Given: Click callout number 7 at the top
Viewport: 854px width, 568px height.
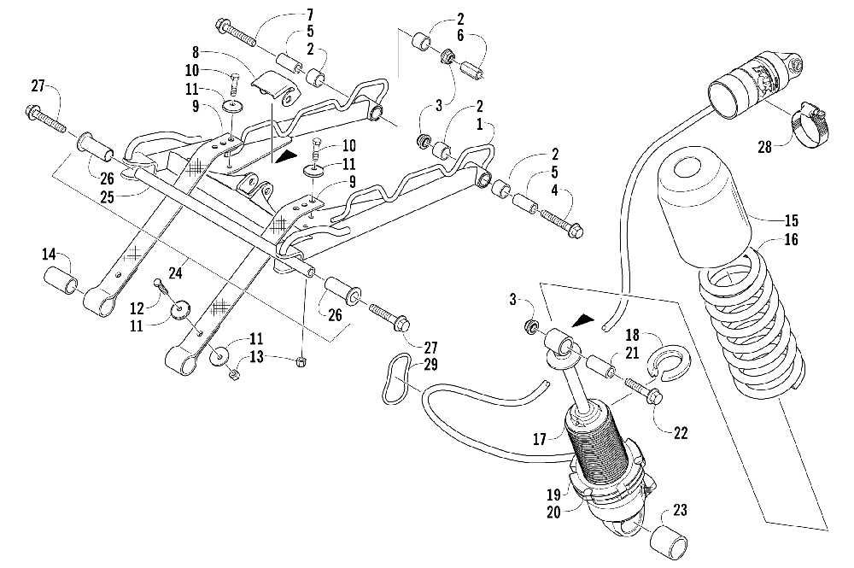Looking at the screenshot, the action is (x=310, y=15).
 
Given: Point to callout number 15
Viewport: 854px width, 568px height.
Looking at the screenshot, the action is (x=791, y=220).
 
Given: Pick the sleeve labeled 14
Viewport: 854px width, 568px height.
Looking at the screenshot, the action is (x=61, y=280).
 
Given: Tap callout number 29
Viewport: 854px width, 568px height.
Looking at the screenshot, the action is (x=430, y=365).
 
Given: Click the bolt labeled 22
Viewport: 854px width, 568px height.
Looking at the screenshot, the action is (x=644, y=390).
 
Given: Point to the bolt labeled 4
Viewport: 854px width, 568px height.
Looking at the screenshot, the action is (x=561, y=224).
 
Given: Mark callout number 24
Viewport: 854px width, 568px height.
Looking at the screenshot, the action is (x=175, y=272).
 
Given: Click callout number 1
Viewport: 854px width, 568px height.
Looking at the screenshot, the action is (x=480, y=124).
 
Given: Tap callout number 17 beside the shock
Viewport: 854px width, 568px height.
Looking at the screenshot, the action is (x=539, y=439).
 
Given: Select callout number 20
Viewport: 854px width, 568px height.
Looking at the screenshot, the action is (x=553, y=512).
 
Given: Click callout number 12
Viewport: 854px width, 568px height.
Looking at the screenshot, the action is (x=137, y=308).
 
